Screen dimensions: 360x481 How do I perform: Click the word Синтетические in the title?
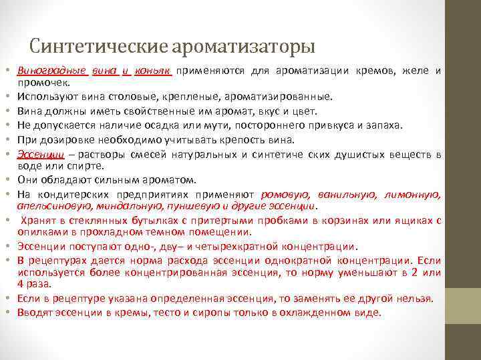pyautogui.click(x=99, y=47)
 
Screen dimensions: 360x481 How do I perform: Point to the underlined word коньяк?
pyautogui.click(x=154, y=71)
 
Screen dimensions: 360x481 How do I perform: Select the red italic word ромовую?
pyautogui.click(x=285, y=195)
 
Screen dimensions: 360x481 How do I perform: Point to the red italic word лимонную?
pyautogui.click(x=412, y=195)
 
